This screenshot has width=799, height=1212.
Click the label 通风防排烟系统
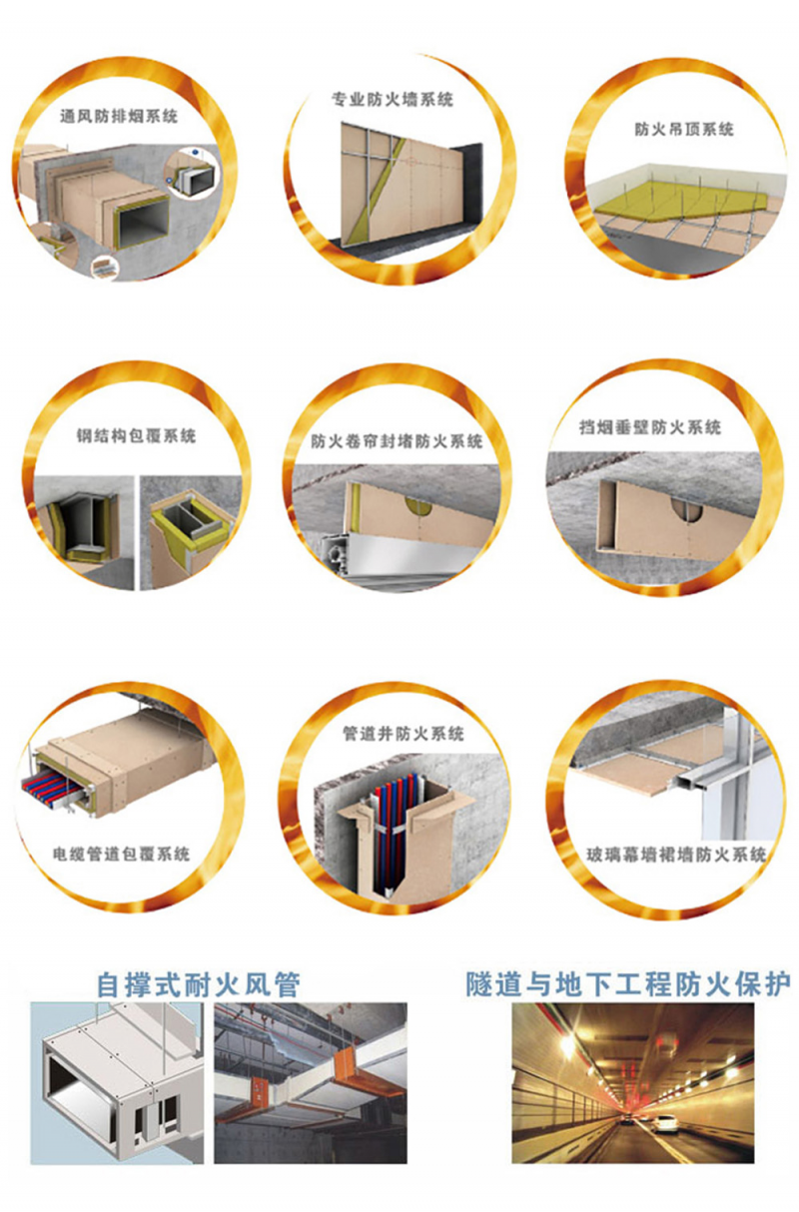tap(118, 116)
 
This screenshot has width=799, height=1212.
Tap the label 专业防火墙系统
tap(393, 99)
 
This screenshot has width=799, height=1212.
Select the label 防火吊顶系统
tap(684, 129)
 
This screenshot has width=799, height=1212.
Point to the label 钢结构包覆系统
tap(136, 435)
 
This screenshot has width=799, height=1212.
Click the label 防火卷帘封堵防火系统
tap(397, 441)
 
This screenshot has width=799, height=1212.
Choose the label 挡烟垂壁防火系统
tap(650, 427)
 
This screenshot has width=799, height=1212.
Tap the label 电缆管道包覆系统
tap(121, 854)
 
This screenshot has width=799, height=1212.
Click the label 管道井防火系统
tap(403, 733)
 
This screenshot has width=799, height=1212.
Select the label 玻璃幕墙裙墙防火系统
tap(677, 854)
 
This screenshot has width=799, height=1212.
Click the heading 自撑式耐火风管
tap(198, 984)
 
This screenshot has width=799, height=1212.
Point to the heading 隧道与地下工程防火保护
tap(628, 983)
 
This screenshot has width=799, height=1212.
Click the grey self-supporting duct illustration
tap(117, 1083)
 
